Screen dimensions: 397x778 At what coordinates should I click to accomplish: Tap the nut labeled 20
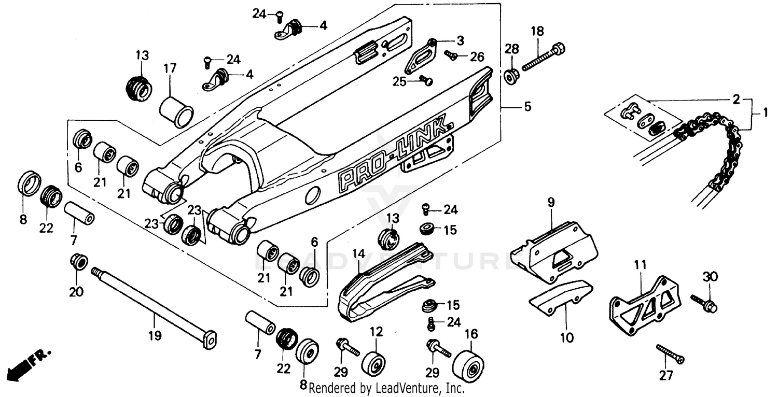tap(78, 261)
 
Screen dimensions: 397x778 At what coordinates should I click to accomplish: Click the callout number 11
tap(641, 265)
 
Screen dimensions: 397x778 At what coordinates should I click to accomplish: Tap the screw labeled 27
tap(670, 353)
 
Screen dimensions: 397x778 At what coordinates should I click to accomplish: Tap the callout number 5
tap(527, 107)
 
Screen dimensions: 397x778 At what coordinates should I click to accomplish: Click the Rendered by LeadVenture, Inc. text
tap(386, 388)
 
